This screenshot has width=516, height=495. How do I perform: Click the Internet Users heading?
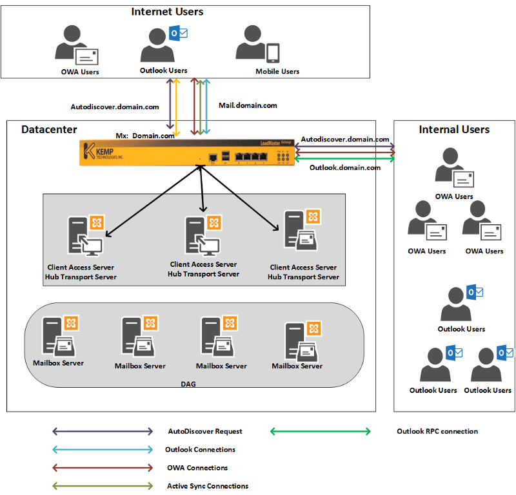tap(167, 12)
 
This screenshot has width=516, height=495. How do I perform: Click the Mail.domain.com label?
tap(248, 105)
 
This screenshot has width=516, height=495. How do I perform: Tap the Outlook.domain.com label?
tap(345, 167)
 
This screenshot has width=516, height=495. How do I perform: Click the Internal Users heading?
tap(454, 129)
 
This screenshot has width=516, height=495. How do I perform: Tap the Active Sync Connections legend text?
tap(208, 486)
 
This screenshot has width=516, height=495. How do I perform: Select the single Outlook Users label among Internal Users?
tap(461, 329)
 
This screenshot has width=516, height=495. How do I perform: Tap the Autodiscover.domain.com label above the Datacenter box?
tap(115, 107)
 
